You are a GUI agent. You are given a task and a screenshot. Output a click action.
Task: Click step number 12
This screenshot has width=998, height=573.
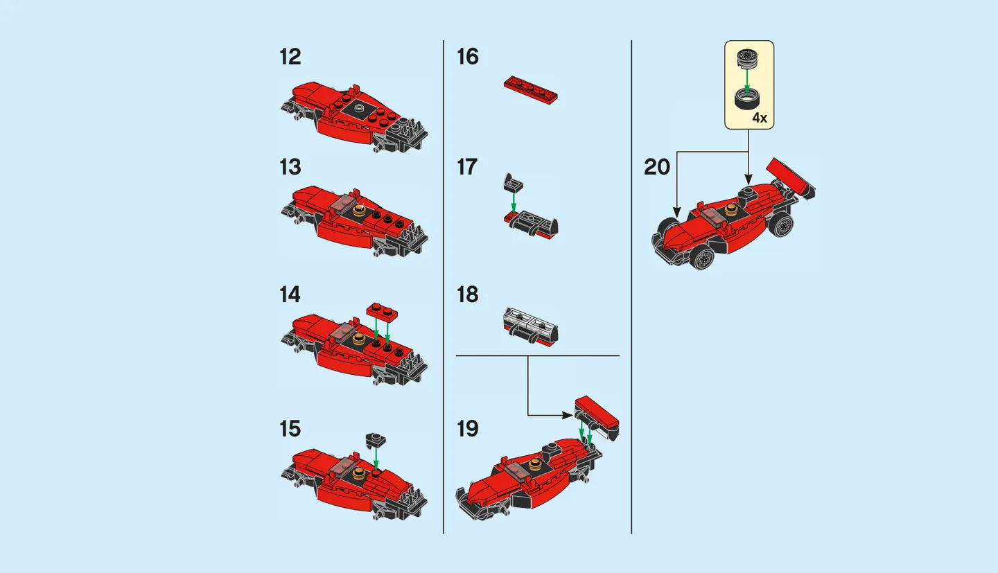point(290,57)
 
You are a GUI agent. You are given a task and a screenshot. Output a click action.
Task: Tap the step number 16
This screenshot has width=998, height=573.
point(468,57)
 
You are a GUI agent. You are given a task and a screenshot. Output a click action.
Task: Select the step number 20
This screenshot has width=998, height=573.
point(657,168)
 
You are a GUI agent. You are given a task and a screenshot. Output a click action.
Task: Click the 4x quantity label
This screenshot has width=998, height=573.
point(760,118)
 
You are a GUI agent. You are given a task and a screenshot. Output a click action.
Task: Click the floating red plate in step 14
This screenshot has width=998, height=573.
point(382,311)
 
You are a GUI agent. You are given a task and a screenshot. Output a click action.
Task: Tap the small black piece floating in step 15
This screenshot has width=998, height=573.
point(376,439)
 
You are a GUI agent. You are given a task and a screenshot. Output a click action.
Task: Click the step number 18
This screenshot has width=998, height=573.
point(468,294)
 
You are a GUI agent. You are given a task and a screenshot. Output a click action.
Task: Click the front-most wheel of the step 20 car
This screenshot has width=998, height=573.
point(701,259)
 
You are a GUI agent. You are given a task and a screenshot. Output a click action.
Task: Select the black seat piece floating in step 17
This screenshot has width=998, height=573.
point(513,183)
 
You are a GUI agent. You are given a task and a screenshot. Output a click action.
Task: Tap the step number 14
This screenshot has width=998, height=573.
point(290,294)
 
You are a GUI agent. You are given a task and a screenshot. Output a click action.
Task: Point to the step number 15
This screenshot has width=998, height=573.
point(290,429)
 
